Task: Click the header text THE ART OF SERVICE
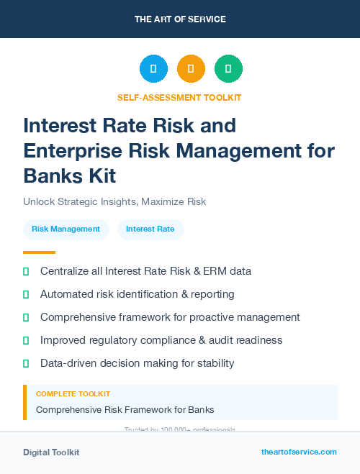[x=180, y=19]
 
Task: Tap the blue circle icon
[x=153, y=69]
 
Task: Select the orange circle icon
[x=191, y=69]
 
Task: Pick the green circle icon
[x=228, y=69]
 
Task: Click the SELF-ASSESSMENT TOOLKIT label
[x=179, y=97]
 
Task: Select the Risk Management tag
[x=66, y=229]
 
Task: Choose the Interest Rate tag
[x=150, y=229]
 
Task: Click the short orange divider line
[x=39, y=252]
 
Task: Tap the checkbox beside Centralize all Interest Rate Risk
[x=27, y=271]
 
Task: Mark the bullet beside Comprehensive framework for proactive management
[x=27, y=317]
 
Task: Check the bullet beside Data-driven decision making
[x=27, y=363]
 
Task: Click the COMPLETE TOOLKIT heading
[x=73, y=394]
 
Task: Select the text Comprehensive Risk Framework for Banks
[x=125, y=410]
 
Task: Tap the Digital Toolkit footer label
[x=51, y=452]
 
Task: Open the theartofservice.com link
[x=299, y=452]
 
